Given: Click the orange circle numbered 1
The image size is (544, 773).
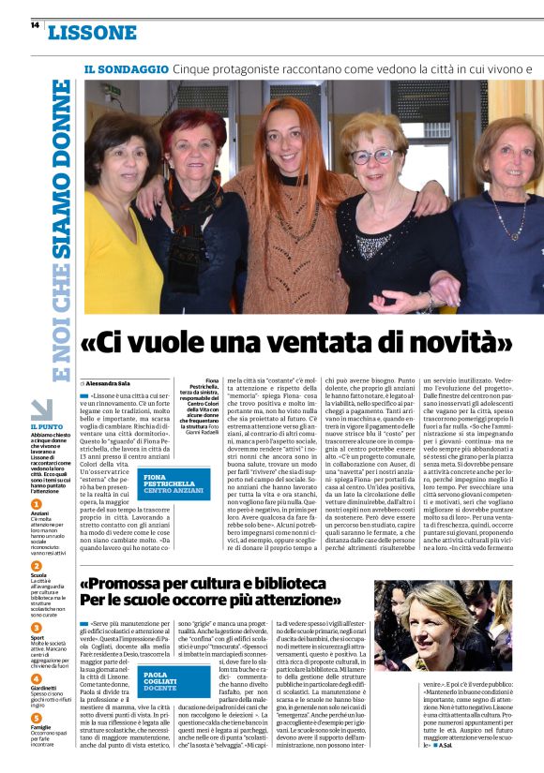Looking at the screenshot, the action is [37, 502].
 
